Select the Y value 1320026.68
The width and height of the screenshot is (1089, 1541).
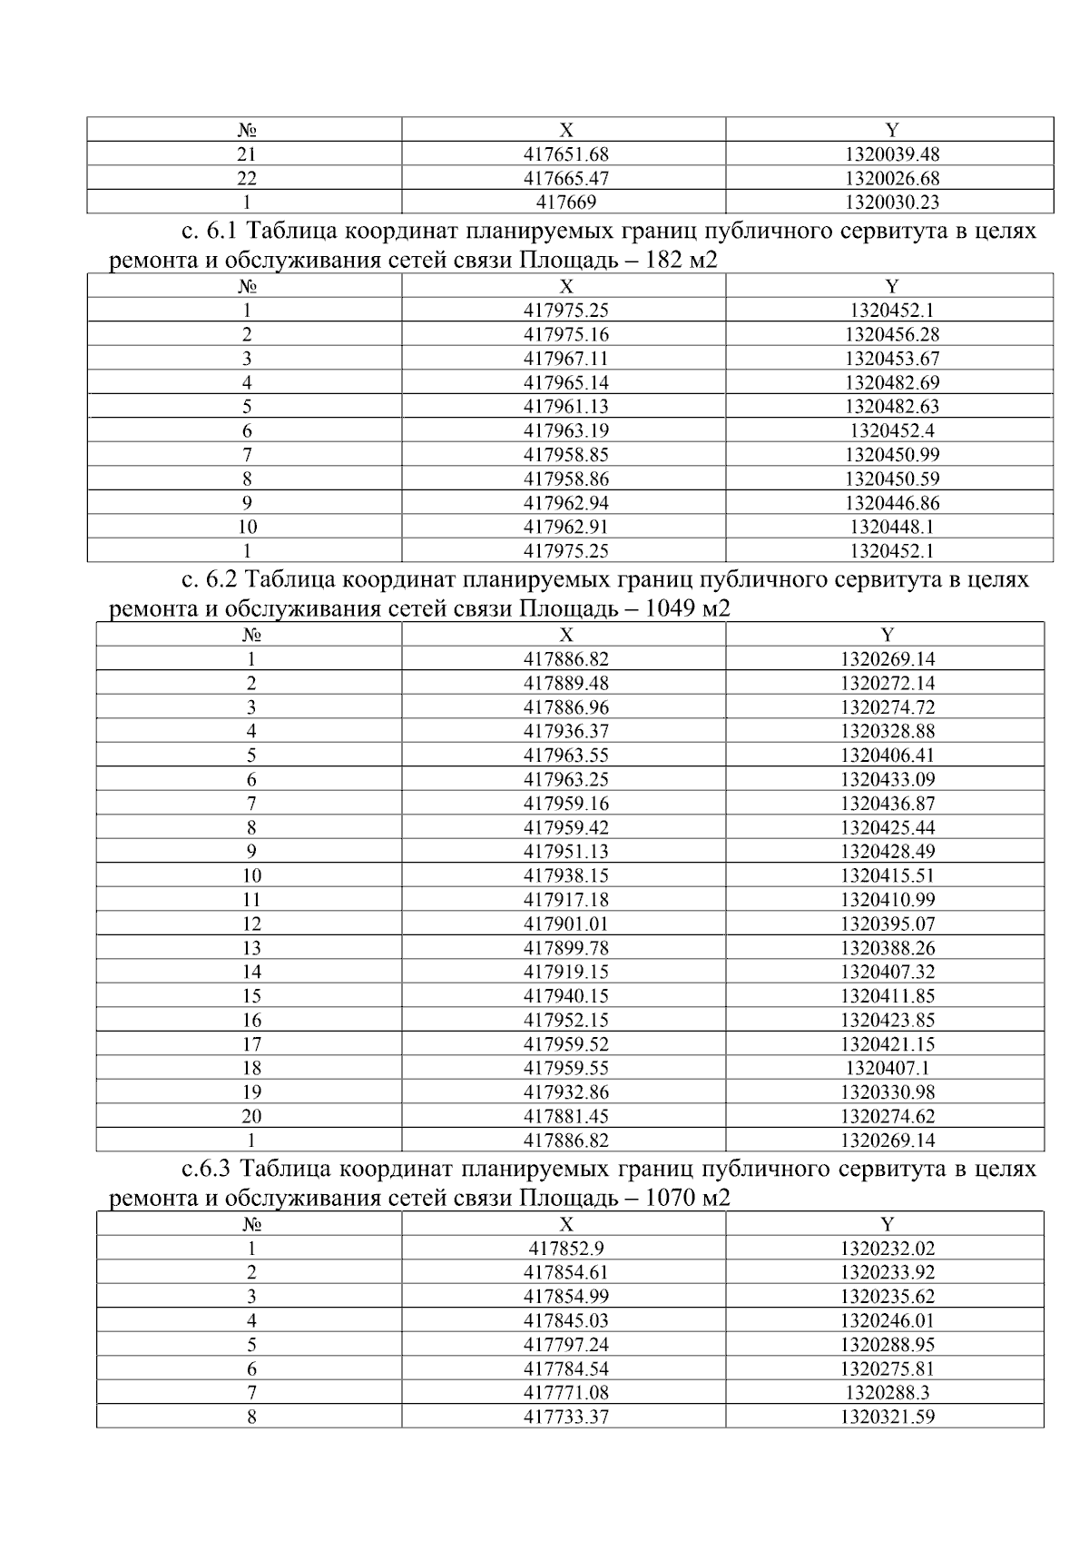[891, 179]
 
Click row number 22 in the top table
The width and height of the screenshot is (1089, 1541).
[246, 179]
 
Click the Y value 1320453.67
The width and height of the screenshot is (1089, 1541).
[891, 359]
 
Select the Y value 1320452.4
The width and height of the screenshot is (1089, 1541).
[891, 430]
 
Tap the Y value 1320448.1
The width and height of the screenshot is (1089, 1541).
[891, 527]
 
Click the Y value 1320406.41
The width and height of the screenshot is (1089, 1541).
[887, 756]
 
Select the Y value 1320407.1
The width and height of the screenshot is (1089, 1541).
[887, 1068]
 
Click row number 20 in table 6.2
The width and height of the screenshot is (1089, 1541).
[251, 1116]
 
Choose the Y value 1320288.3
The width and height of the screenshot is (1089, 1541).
[887, 1393]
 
